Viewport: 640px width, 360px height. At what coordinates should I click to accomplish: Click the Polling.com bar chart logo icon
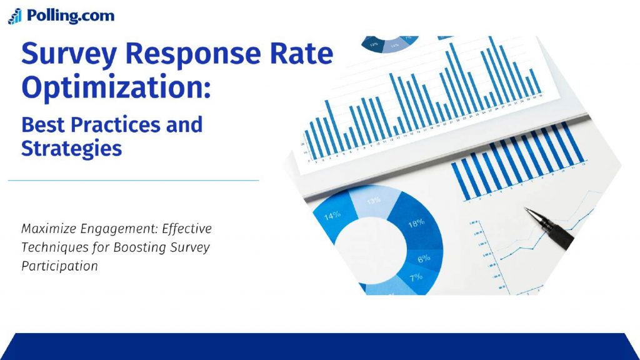pos(14,16)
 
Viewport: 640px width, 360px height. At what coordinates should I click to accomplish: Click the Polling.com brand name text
pos(70,16)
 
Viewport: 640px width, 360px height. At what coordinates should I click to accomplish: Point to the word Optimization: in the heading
pos(116,89)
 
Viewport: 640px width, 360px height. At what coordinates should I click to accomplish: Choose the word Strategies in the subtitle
pos(71,149)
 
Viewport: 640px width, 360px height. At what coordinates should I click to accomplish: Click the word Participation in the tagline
pos(59,266)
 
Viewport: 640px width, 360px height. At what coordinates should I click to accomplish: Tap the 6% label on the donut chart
pos(424,258)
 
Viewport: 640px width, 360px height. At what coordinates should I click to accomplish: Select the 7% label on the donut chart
pos(416,277)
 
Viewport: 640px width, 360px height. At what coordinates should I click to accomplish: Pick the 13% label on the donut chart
pos(374,201)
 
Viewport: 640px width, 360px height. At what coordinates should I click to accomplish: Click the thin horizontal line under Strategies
pos(133,181)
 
